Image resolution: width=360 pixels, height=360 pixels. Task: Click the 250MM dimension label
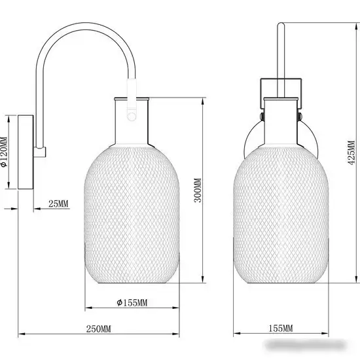tap(98, 329)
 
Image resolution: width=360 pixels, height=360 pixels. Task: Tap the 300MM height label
tap(198, 190)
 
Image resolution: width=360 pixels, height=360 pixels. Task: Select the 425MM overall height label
tap(351, 153)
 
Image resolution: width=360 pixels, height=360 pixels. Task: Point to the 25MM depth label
tap(58, 204)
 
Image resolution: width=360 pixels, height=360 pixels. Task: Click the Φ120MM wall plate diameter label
tap(4, 152)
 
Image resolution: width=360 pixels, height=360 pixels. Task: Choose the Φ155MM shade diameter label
tap(132, 302)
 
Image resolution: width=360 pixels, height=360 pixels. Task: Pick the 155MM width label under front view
tap(281, 329)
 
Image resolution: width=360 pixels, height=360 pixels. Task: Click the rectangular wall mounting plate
tap(26, 153)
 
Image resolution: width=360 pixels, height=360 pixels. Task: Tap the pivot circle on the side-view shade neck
tap(132, 116)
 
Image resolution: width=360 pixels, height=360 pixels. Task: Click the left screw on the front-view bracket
tap(262, 117)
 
